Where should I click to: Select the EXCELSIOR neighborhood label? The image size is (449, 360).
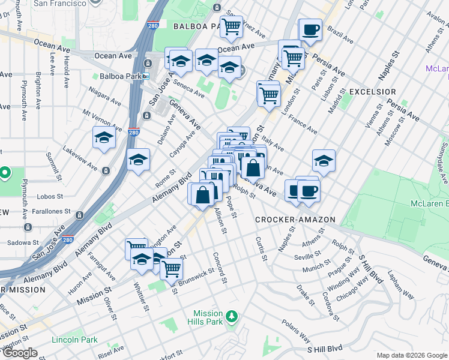tap(372, 91)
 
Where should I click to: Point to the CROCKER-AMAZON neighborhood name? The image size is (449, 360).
tap(295, 220)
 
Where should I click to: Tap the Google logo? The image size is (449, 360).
tap(20, 353)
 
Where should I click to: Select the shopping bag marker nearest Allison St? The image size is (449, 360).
tap(203, 193)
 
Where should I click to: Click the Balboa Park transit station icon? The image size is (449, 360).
tap(147, 76)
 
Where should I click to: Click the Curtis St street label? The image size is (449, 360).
tap(261, 248)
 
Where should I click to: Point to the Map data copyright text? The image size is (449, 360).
tap(411, 355)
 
